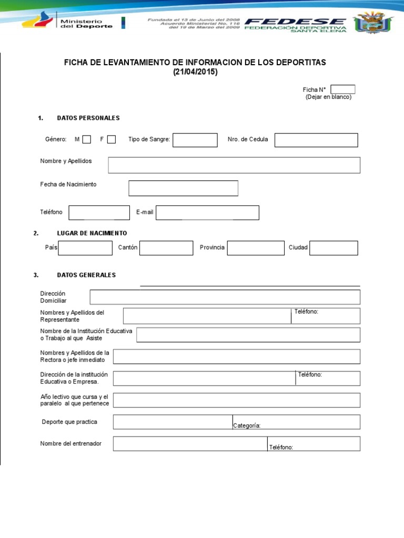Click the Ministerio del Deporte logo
click(68, 23)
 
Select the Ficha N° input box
click(343, 89)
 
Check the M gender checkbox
click(87, 139)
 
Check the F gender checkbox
click(112, 139)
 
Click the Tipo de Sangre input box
click(195, 140)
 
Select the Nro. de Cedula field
click(316, 140)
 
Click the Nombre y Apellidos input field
click(234, 165)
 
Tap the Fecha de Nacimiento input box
click(183, 188)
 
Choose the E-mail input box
click(207, 213)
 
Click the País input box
click(85, 248)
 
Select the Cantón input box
click(166, 248)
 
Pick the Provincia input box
click(256, 248)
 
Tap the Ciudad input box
click(334, 248)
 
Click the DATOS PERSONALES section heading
click(88, 118)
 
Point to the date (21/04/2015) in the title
click(195, 73)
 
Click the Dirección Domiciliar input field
click(225, 297)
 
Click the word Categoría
click(247, 426)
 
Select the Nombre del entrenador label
click(71, 443)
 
